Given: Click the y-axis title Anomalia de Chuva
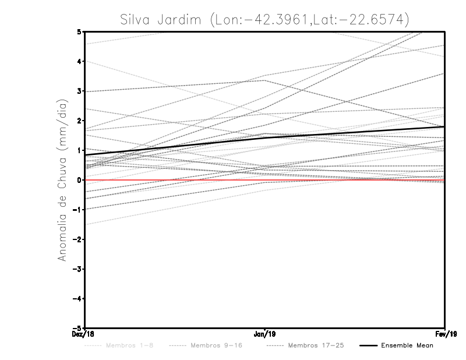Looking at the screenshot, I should (62, 180).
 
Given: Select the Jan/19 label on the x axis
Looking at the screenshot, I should (265, 334).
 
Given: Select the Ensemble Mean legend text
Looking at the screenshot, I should (407, 345).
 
